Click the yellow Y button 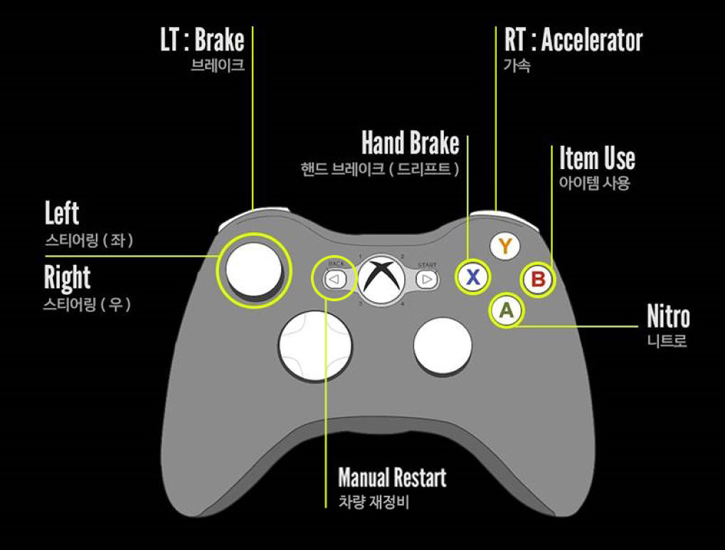pyautogui.click(x=504, y=247)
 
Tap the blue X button pyautogui.click(x=473, y=278)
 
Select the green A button pyautogui.click(x=506, y=310)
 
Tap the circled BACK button pyautogui.click(x=334, y=279)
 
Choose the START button pyautogui.click(x=427, y=279)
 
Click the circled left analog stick pyautogui.click(x=254, y=269)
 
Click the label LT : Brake pyautogui.click(x=202, y=41)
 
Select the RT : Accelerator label pyautogui.click(x=573, y=41)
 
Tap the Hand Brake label pyautogui.click(x=411, y=144)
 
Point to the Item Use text pyautogui.click(x=597, y=158)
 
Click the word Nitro pyautogui.click(x=668, y=317)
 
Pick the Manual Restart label pyautogui.click(x=392, y=477)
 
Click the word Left pyautogui.click(x=62, y=214)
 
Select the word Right pyautogui.click(x=68, y=278)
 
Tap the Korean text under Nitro pyautogui.click(x=667, y=341)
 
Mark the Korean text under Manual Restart pyautogui.click(x=374, y=502)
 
